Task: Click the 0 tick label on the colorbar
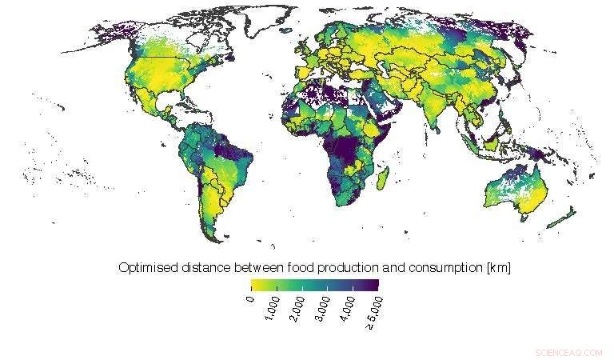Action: [250, 299]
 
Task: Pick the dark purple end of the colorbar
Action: [375, 284]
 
